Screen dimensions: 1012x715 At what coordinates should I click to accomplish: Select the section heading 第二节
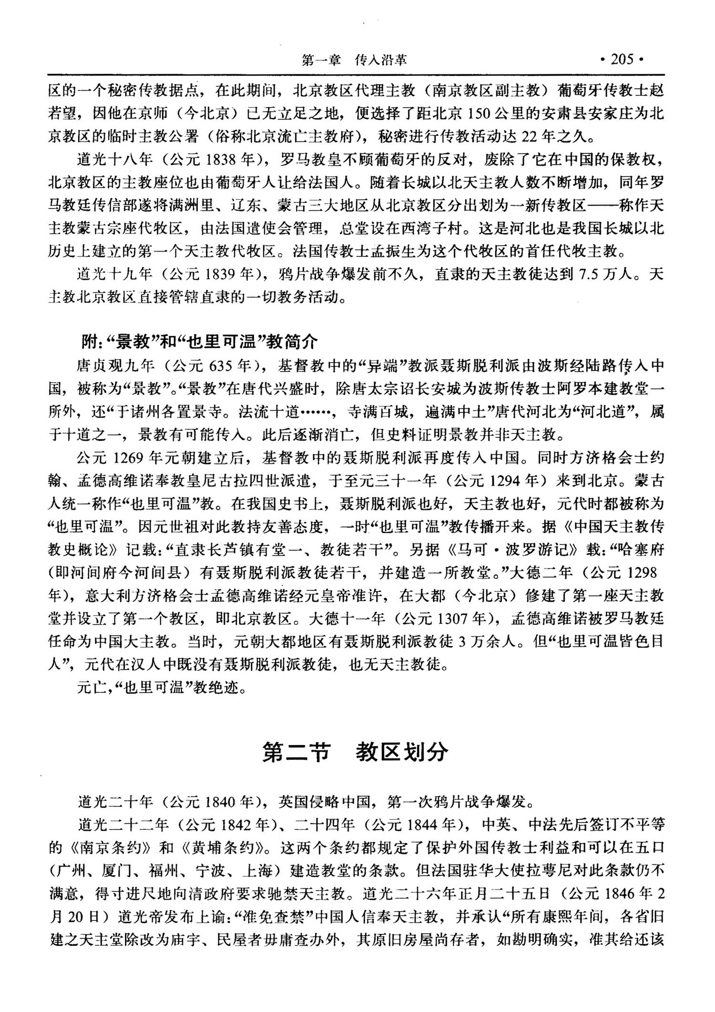tap(296, 752)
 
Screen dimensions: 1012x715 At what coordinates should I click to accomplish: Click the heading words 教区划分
tap(402, 752)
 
